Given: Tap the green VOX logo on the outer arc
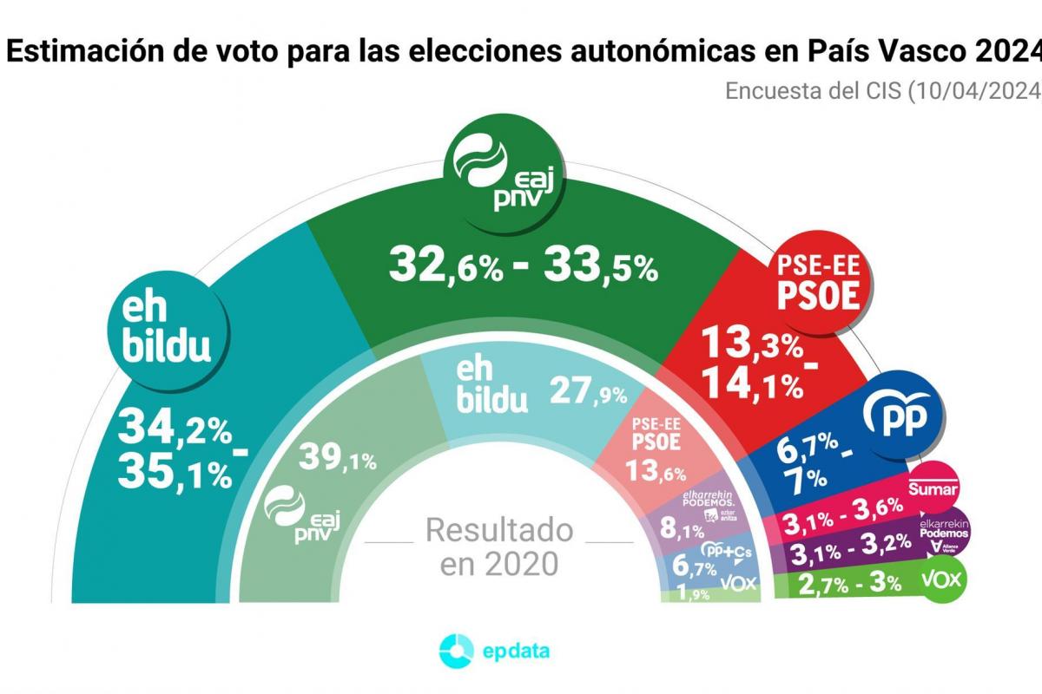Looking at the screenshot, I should [x=943, y=579].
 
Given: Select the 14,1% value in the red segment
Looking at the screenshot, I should [x=753, y=384].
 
